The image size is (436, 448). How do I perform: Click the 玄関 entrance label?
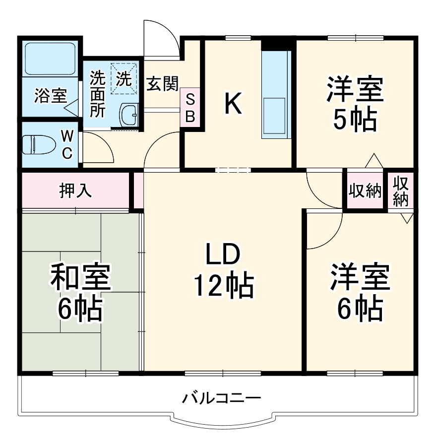click(x=162, y=84)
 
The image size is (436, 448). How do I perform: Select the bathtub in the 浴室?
click(x=50, y=59)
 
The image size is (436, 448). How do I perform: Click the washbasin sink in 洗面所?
click(x=130, y=115)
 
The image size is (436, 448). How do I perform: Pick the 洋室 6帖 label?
click(x=360, y=293)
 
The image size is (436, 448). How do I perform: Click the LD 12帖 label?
click(x=224, y=270)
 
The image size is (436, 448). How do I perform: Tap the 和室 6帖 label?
click(x=80, y=293)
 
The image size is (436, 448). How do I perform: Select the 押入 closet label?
click(x=75, y=191)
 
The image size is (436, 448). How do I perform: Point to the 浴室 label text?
click(x=50, y=95)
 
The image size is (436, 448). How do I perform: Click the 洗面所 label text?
click(x=97, y=94)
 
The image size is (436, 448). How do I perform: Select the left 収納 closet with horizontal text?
click(x=365, y=191)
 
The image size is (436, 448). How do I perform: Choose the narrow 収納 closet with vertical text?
click(x=401, y=191)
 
